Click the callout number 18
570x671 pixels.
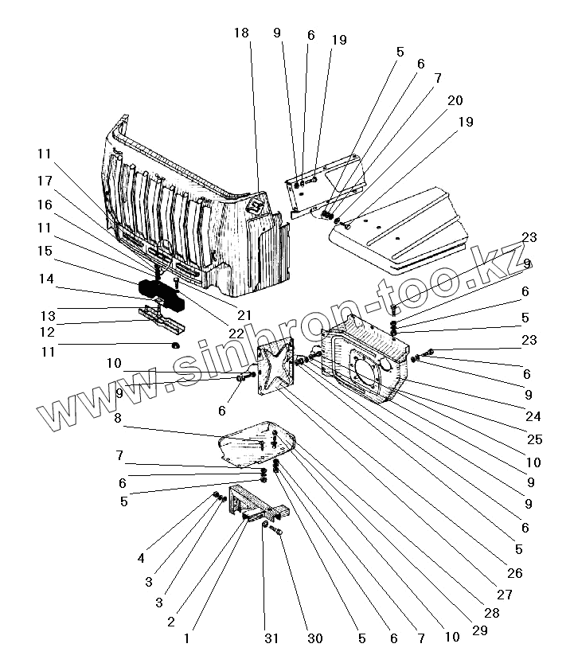(x=241, y=33)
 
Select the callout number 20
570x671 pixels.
(x=455, y=100)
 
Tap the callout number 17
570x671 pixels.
(x=45, y=181)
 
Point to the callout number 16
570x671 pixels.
(x=45, y=205)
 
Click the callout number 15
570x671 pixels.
(x=45, y=251)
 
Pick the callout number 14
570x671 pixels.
(x=46, y=279)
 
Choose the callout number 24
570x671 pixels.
(x=533, y=416)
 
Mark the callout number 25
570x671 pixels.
(x=534, y=439)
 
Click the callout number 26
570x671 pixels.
(x=515, y=573)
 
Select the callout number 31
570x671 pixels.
(x=271, y=638)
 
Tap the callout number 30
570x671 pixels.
(x=315, y=638)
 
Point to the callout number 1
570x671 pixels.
(x=186, y=638)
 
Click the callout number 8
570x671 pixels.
(x=118, y=418)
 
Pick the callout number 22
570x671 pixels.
(x=236, y=334)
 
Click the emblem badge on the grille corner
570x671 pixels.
(x=256, y=206)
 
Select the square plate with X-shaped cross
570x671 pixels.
(x=276, y=365)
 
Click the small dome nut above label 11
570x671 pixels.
(x=175, y=345)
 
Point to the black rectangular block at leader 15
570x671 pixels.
(x=161, y=293)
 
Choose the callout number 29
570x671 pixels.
(x=479, y=630)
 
